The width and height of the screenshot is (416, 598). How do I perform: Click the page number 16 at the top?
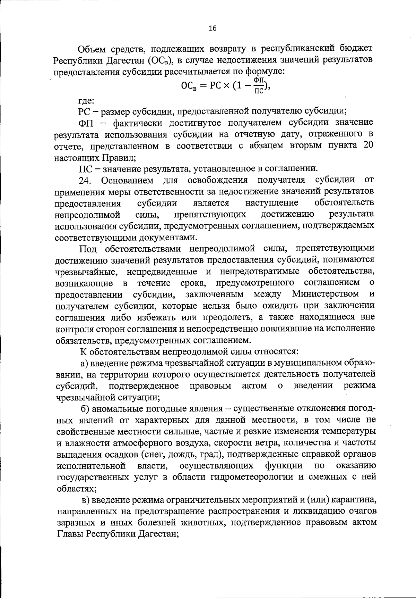(x=213, y=29)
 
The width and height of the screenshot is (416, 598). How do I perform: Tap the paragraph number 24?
(x=85, y=181)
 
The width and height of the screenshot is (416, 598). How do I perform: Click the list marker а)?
(x=86, y=363)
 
